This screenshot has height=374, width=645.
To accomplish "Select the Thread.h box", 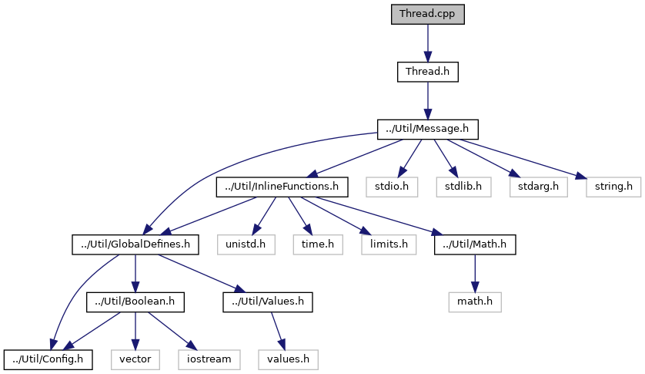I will (428, 72).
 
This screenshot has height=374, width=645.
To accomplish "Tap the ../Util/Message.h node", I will (428, 129).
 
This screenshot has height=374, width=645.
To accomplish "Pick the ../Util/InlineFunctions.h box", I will (282, 186).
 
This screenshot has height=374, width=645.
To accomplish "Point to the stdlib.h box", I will (463, 186).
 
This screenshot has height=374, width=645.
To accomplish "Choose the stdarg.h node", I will (532, 186).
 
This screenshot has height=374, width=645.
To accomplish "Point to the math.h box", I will (475, 301).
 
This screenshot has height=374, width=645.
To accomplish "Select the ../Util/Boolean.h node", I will (135, 301).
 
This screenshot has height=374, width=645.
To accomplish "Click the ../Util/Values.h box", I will (269, 301).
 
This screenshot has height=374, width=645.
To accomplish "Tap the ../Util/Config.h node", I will (48, 359).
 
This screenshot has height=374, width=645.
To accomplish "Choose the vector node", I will (135, 359).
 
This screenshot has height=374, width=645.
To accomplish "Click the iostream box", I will (209, 359).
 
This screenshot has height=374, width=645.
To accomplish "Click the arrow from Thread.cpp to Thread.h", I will (428, 42).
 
